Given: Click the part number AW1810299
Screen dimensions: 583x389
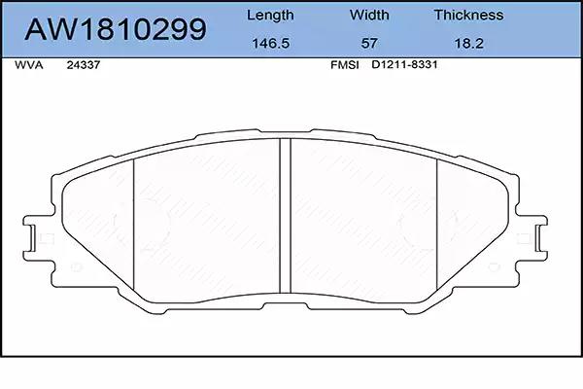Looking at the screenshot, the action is point(116,28).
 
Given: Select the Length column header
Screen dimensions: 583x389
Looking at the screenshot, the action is point(270,16).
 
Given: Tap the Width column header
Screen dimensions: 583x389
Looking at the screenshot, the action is point(369,15).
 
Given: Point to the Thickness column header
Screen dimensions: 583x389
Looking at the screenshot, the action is point(468,15).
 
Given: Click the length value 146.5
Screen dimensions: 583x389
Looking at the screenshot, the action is point(271,43).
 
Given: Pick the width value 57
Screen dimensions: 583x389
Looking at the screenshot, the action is point(369,43).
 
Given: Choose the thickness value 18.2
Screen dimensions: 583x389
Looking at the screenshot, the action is point(469,43).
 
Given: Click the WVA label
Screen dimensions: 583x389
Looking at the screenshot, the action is point(28,65).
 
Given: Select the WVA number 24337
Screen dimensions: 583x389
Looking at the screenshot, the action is point(84,65).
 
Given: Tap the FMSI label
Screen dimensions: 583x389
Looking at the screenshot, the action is point(345,65).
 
